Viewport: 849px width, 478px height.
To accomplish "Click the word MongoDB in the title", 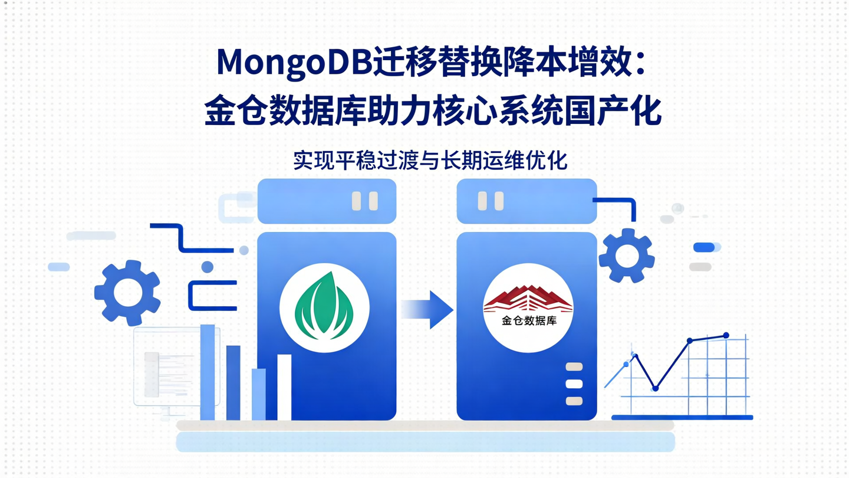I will click(x=295, y=62).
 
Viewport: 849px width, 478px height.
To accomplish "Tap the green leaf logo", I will click(x=324, y=307).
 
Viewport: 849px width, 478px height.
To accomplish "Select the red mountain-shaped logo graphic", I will click(x=528, y=299).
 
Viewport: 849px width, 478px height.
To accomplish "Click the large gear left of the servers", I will click(x=127, y=292).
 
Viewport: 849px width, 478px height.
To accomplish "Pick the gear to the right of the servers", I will click(x=626, y=256).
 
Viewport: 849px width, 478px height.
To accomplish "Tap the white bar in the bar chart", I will click(x=284, y=387).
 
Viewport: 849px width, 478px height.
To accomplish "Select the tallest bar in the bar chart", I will click(x=208, y=372).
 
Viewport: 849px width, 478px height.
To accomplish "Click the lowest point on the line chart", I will click(x=655, y=388).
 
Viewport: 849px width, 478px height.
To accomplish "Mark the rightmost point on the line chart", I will click(x=726, y=335).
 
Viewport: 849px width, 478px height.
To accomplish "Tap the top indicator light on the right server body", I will click(x=574, y=367).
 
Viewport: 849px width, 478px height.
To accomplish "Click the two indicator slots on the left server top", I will click(x=364, y=201).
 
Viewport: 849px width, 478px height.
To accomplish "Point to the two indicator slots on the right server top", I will click(x=491, y=201).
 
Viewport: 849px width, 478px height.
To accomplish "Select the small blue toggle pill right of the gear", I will click(x=706, y=247).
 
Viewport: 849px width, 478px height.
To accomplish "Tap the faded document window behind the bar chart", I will click(x=168, y=366).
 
